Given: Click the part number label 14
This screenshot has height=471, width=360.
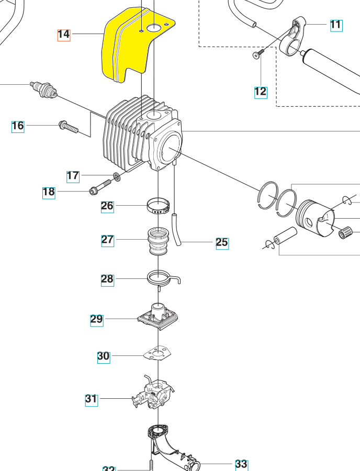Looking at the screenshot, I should [x=63, y=35].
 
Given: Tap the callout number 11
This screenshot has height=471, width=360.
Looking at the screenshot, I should [x=335, y=25].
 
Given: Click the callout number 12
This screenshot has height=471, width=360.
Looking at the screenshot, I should [x=260, y=92].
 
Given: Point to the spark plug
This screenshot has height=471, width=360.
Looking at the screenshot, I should [x=44, y=89].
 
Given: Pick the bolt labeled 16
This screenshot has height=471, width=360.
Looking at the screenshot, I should [x=69, y=126].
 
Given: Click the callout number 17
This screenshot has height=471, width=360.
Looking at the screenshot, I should [x=73, y=176].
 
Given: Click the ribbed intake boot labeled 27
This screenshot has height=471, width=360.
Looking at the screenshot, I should [x=158, y=240].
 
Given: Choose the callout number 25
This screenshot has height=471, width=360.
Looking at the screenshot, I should [x=222, y=242].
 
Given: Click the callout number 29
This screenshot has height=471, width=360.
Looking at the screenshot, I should [x=96, y=319].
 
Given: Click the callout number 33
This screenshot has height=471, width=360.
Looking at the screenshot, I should [x=241, y=464].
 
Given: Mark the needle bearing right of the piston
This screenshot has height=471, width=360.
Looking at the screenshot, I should [x=346, y=231].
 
